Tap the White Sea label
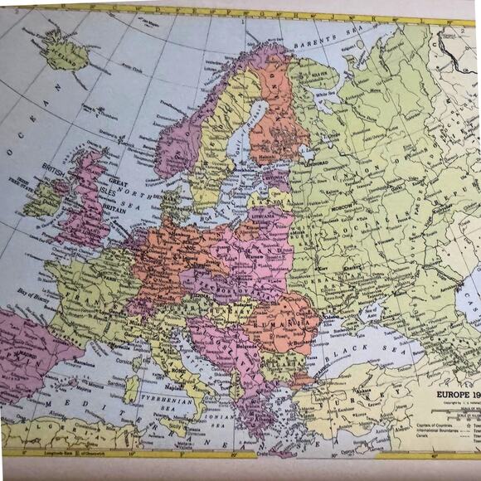[325, 95]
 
